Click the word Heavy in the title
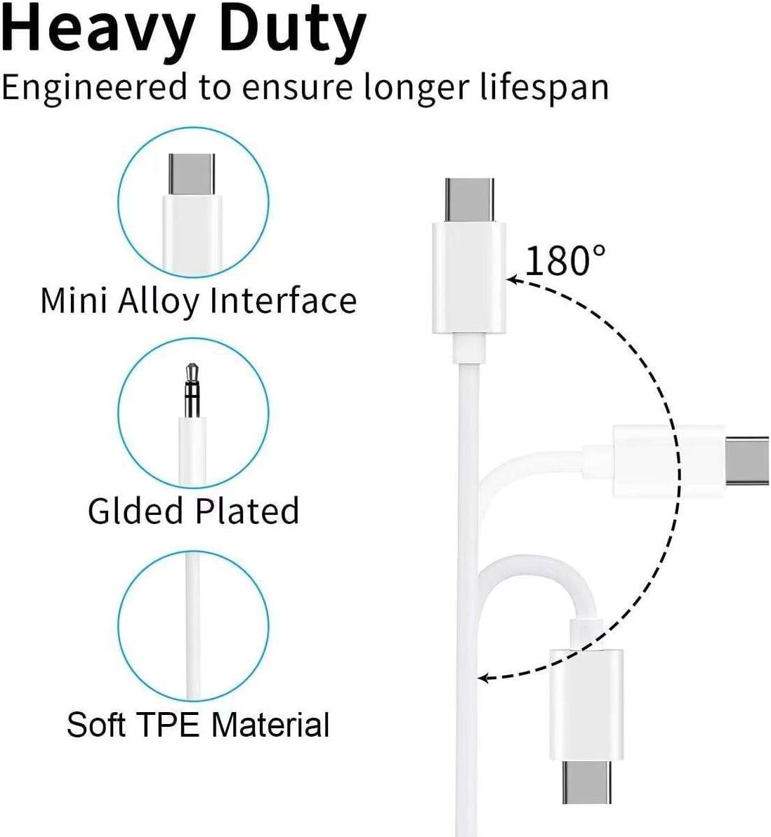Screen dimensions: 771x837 coord(98,29)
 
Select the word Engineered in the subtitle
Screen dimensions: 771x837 coord(95,88)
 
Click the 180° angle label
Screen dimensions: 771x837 coord(566,261)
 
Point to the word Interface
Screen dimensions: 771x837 coord(283,300)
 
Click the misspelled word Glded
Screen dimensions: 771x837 coord(136,511)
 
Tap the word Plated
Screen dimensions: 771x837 coord(246,511)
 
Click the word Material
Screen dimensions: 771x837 coord(270,724)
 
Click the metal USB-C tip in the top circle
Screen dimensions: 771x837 coord(192,175)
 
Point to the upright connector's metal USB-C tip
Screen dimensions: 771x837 coord(469,199)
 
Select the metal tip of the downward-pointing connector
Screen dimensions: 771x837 coord(586,782)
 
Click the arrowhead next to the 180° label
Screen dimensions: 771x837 coord(515,279)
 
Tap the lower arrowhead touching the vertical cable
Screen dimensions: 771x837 coord(484,678)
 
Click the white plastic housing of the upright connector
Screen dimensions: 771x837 coord(469,278)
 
